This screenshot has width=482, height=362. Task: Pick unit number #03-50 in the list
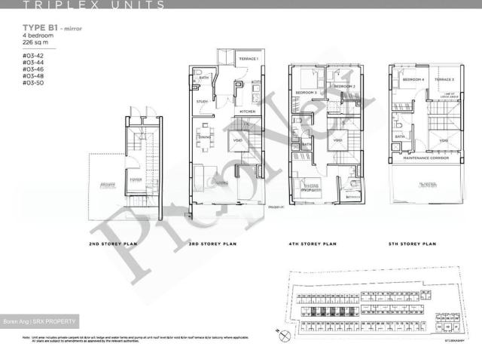pos(32,83)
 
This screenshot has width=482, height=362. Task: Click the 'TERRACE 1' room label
pos(249,59)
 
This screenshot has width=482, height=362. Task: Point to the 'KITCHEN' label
pos(248,111)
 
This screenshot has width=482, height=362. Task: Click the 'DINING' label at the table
pos(204,137)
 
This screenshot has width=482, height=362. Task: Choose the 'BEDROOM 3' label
pos(304,92)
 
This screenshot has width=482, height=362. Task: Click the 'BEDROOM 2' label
pos(344,87)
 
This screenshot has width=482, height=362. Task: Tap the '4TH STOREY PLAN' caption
pos(324,244)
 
